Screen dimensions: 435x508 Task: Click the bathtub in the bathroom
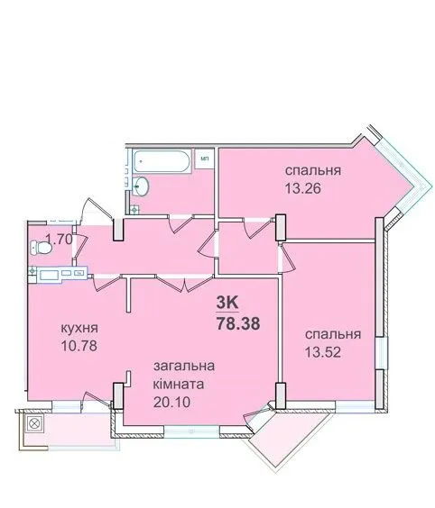(161, 161)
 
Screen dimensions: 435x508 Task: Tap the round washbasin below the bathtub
(141, 186)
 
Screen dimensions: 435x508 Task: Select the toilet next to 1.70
(41, 249)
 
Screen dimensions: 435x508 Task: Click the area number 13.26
(303, 188)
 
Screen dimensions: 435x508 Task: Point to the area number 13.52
(323, 352)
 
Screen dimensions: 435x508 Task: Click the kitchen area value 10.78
(79, 346)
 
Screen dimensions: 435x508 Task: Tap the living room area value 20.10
(171, 402)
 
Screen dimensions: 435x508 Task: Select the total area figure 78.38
(238, 323)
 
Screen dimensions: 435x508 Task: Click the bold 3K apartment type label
(227, 304)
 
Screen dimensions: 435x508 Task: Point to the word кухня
(79, 328)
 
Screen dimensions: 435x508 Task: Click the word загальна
(184, 366)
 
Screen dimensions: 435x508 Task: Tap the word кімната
(179, 385)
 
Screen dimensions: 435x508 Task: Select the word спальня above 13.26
(313, 170)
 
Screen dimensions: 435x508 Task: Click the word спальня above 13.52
(333, 334)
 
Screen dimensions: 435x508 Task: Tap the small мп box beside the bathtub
(204, 159)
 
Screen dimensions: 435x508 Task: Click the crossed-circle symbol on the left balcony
(33, 423)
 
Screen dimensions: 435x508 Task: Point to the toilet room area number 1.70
(59, 240)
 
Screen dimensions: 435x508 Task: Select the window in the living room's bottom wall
(191, 431)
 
